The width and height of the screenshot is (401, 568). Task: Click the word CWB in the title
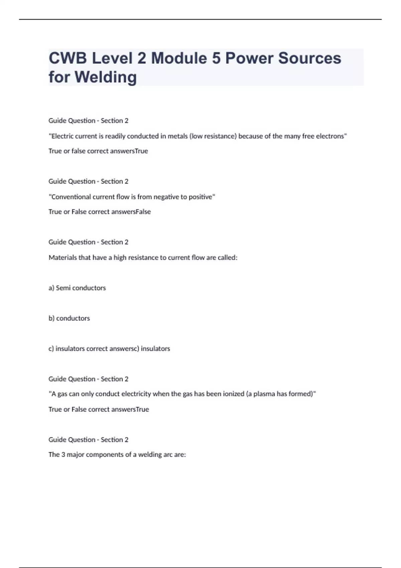click(68, 58)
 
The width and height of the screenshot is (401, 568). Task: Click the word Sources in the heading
click(309, 58)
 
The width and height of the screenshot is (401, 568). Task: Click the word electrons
click(331, 136)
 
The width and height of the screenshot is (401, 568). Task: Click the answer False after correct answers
click(143, 212)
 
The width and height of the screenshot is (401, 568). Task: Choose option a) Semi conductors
click(77, 288)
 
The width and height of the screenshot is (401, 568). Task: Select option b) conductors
click(69, 318)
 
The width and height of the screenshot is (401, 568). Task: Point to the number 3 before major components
click(63, 455)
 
